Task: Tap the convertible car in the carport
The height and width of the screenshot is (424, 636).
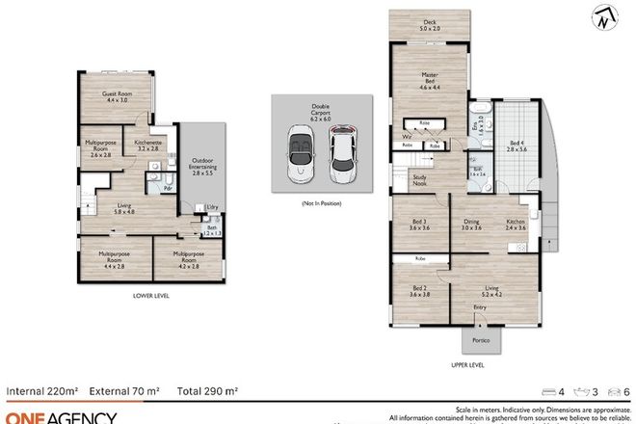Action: [x=298, y=156]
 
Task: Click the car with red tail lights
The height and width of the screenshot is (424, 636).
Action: [x=340, y=156]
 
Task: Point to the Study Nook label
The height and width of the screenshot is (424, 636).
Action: [x=420, y=179]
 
